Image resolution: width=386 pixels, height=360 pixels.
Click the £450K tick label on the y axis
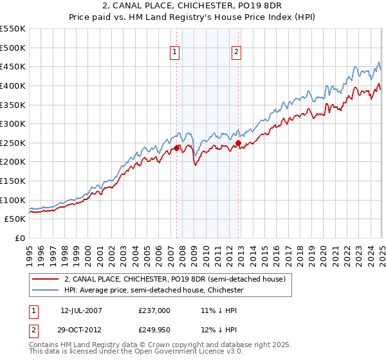(x=13, y=66)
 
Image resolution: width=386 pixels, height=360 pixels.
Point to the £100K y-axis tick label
(x=13, y=200)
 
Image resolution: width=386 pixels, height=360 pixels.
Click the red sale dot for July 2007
(x=176, y=148)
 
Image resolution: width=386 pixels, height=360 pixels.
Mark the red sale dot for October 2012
(x=238, y=143)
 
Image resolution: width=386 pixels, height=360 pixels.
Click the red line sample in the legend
(x=45, y=279)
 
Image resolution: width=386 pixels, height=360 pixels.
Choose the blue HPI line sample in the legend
(x=45, y=291)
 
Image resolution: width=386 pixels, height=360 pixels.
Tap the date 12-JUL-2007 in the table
(x=81, y=310)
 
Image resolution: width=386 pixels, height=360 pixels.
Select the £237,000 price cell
(x=154, y=310)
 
